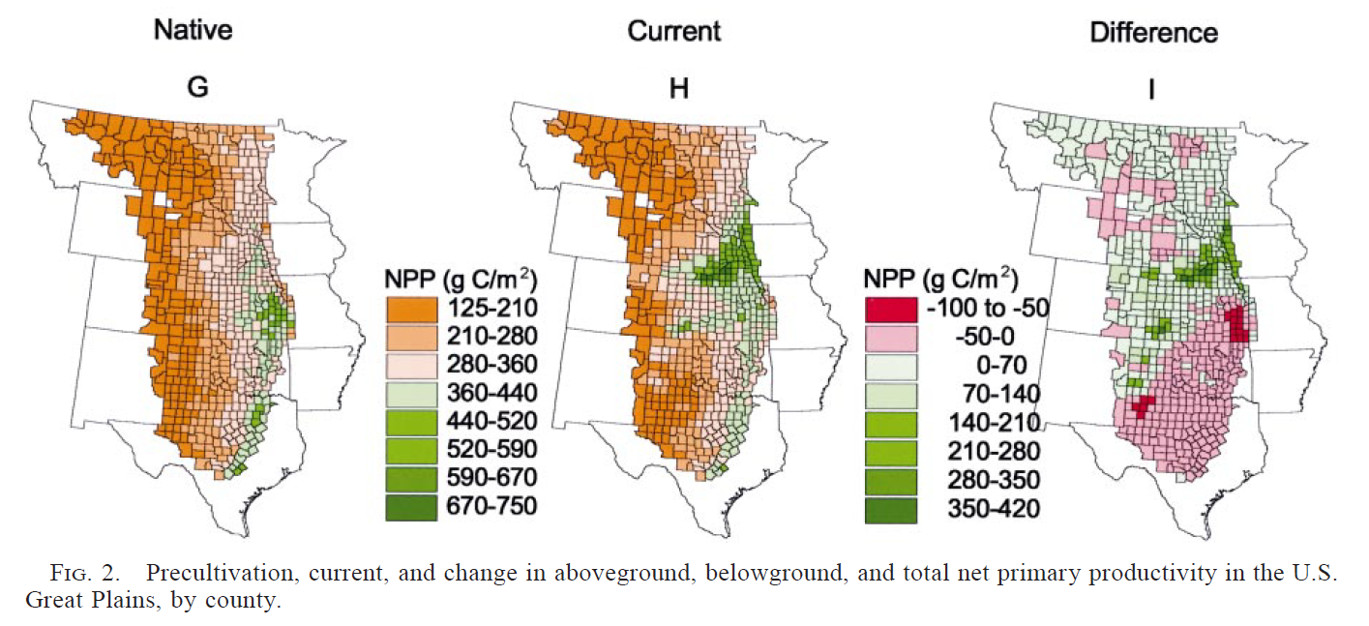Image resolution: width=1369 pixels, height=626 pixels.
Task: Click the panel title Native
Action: pos(193,30)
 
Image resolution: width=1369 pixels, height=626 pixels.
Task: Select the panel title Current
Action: pos(673,30)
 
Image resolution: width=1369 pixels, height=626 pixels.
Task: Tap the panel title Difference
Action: pos(1154,32)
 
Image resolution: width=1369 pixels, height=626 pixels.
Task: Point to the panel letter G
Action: pos(197,87)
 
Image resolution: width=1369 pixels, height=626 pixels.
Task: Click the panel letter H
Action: pos(679,87)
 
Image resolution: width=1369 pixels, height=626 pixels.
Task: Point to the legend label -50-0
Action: pos(981,337)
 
